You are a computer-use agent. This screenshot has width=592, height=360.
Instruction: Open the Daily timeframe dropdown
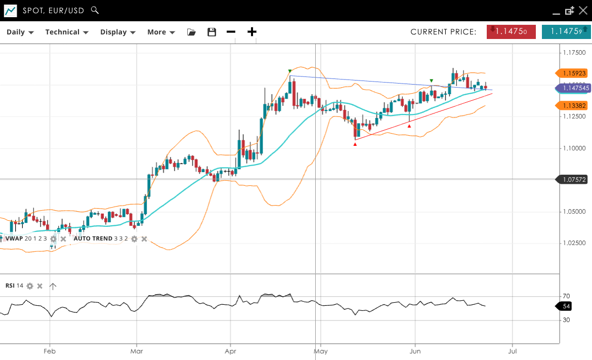(x=20, y=32)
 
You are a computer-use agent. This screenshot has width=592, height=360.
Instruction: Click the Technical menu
(x=67, y=32)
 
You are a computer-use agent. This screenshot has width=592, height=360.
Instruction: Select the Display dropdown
(x=118, y=32)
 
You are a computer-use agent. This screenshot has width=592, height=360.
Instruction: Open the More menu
(x=161, y=32)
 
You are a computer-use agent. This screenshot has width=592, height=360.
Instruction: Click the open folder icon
(x=191, y=32)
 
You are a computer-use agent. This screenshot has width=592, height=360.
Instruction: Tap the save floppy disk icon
(x=212, y=32)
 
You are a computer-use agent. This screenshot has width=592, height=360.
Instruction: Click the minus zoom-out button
(x=231, y=32)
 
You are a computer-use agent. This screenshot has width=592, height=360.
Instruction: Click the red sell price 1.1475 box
(x=511, y=31)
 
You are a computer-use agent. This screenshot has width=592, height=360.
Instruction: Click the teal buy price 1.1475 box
(x=566, y=31)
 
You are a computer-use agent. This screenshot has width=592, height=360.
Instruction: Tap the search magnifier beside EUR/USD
(x=95, y=10)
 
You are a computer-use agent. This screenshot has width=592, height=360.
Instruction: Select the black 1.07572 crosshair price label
(x=574, y=179)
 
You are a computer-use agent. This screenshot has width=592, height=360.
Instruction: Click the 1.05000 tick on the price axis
(x=574, y=211)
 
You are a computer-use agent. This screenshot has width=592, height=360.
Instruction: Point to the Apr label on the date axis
(x=231, y=350)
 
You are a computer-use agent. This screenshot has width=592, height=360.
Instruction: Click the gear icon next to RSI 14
(x=30, y=286)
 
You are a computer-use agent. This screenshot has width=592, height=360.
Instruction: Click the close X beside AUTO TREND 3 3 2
(x=144, y=239)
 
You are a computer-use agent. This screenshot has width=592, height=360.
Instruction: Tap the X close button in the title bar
(x=584, y=11)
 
